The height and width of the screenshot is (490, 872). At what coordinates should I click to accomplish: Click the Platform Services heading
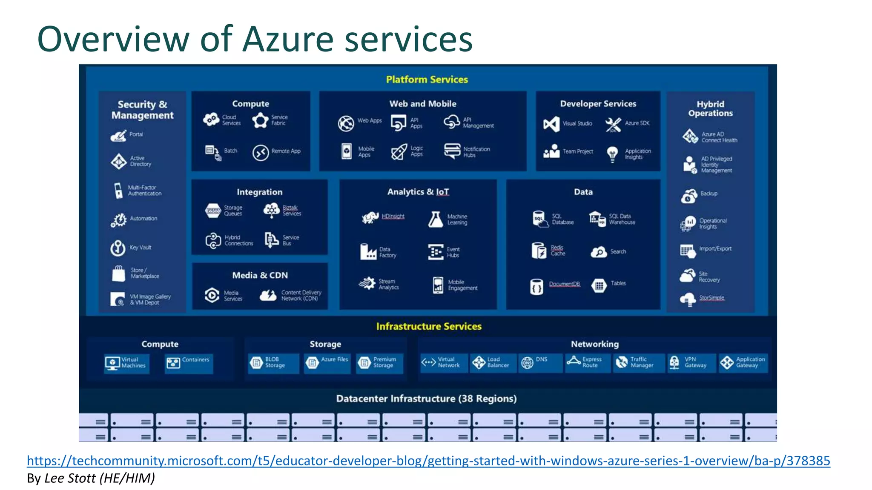pyautogui.click(x=427, y=80)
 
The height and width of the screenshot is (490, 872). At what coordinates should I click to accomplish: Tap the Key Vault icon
pyautogui.click(x=118, y=248)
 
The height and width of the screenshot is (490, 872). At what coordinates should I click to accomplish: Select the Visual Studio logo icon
pyautogui.click(x=551, y=124)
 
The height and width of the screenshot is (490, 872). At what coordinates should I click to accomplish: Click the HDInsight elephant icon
pyautogui.click(x=370, y=217)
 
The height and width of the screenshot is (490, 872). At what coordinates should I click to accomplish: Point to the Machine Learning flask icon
pyautogui.click(x=435, y=219)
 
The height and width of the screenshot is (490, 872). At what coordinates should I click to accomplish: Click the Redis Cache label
pyautogui.click(x=557, y=251)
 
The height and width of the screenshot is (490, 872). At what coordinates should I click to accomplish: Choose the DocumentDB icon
pyautogui.click(x=536, y=287)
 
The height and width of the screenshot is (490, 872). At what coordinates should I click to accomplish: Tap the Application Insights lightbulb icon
pyautogui.click(x=612, y=154)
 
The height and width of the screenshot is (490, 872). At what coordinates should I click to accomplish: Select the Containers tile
pyautogui.click(x=189, y=363)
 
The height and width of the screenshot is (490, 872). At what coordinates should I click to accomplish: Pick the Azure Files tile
pyautogui.click(x=327, y=363)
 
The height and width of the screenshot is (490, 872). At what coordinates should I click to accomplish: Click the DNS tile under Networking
pyautogui.click(x=540, y=363)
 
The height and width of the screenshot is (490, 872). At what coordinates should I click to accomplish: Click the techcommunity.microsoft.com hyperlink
pyautogui.click(x=428, y=461)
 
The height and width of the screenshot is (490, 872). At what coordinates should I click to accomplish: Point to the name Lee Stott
pyautogui.click(x=70, y=479)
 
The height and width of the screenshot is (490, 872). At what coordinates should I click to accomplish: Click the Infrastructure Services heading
pyautogui.click(x=428, y=326)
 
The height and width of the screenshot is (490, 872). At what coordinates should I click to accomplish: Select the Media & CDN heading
pyautogui.click(x=260, y=275)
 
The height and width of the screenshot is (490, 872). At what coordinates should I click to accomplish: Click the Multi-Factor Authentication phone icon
pyautogui.click(x=118, y=190)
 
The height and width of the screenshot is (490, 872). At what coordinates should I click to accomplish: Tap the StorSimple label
pyautogui.click(x=711, y=298)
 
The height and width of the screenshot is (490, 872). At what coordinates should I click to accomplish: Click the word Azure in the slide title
pyautogui.click(x=288, y=39)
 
